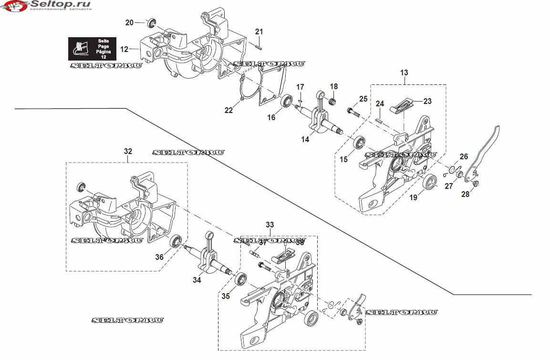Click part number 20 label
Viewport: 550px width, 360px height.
129,22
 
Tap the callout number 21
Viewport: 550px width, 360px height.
259,32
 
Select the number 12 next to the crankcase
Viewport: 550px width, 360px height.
124,49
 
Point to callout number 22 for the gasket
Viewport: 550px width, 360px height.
229,110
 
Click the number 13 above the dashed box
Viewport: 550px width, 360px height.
404,73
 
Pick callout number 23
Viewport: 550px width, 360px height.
427,101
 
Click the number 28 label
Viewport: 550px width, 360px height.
465,194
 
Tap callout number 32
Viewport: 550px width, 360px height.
128,151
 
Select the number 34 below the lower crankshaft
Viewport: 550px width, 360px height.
197,280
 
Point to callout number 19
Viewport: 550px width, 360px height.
414,196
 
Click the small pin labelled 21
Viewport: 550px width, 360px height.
257,46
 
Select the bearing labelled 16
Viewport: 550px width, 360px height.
287,101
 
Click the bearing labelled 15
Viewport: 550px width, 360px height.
359,143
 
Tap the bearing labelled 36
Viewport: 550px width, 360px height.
176,241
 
